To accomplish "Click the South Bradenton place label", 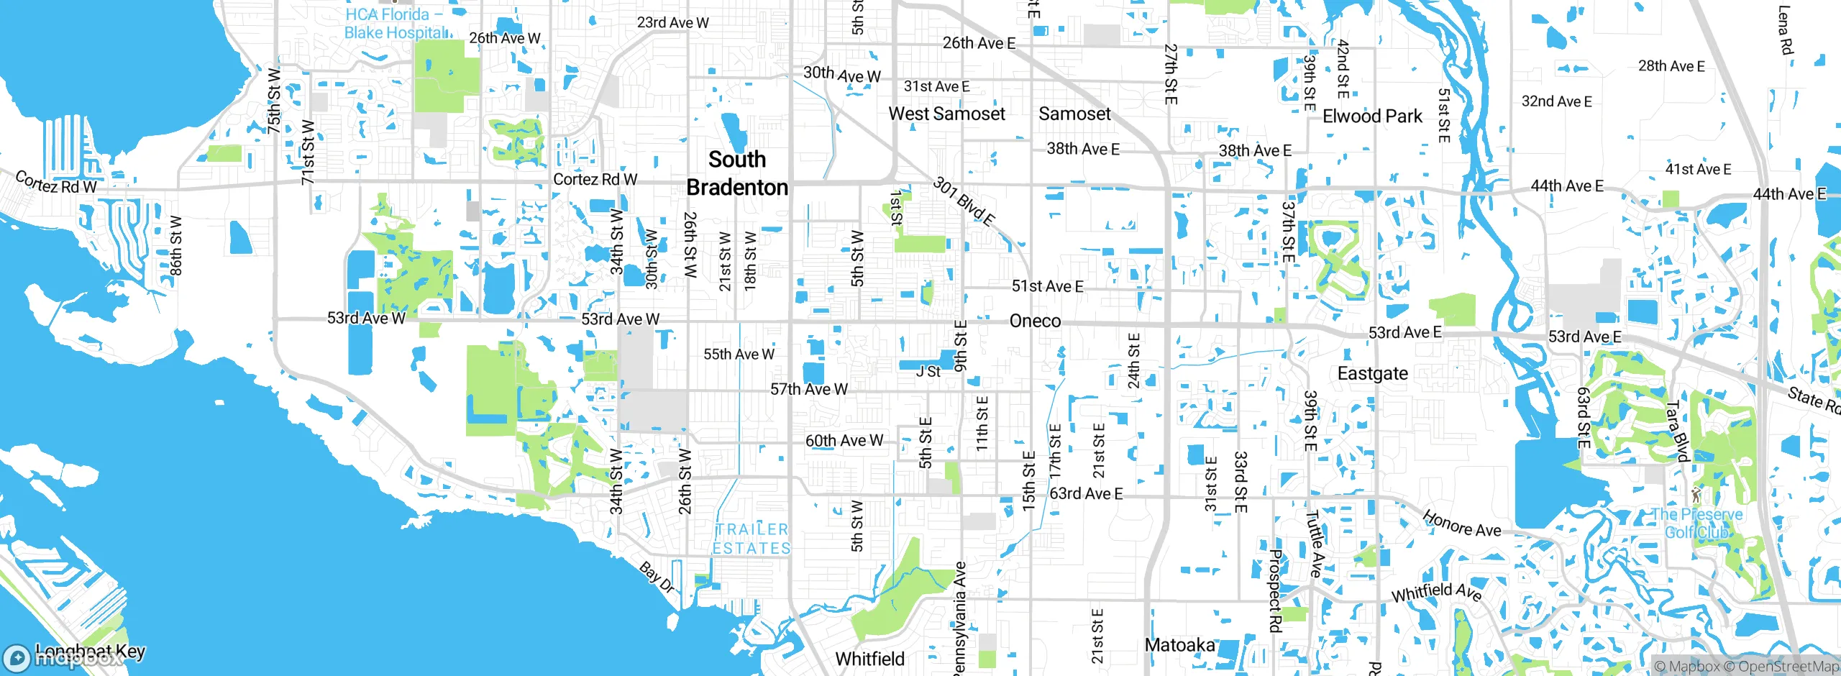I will pos(737,173).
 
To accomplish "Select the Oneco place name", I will pos(1035,321).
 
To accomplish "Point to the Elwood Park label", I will pos(1372,117).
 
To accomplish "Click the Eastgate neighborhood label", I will pos(1372,373).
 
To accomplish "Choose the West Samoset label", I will pos(946,114).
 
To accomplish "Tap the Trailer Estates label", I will pos(752,539).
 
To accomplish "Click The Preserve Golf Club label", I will pos(1696,523).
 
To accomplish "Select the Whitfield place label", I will pos(869,659).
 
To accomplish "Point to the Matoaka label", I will pos(1179,645).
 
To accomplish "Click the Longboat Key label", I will pos(90,652).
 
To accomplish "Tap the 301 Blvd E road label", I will pos(964,201).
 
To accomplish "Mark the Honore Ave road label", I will pos(1461,524).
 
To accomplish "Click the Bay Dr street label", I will pos(657,577).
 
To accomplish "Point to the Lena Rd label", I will pos(1785,30).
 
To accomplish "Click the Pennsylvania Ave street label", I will pos(959,618).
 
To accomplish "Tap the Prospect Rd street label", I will pos(1275,590).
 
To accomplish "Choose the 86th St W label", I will pos(175,245).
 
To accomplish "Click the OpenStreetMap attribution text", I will pos(1788,667).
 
